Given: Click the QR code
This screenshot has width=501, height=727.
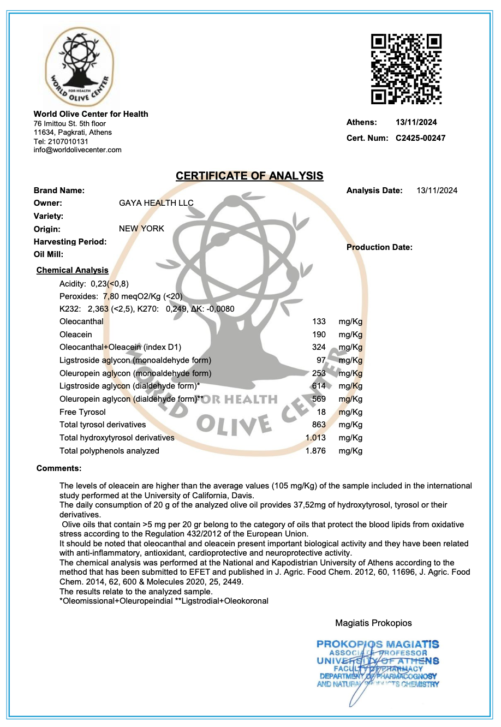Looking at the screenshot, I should pos(406,69).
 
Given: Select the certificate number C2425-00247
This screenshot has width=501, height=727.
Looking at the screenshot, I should pos(420,138).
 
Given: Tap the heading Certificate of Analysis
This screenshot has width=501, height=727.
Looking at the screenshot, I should pos(249,176).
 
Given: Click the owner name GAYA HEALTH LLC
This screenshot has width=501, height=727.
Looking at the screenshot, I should pos(156,203).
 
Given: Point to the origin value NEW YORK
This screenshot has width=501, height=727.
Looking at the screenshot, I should pos(141,229).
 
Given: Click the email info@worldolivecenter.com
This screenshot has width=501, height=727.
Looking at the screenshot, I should pos(77,150).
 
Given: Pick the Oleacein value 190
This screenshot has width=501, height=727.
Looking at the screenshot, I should pos(319,335).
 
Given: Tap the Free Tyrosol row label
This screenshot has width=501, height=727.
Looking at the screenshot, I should pos(82,412).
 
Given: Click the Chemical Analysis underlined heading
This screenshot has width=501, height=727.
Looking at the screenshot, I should pos(72,270).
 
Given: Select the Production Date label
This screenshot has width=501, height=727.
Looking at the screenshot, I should pos(379,247).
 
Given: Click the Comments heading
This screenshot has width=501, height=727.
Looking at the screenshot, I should pos(59,468).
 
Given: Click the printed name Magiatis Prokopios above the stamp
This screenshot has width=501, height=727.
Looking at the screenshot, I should pos(373,623).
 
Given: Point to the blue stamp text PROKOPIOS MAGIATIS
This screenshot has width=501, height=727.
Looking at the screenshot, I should pos(378,645).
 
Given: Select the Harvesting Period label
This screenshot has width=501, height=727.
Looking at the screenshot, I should pos(70,242).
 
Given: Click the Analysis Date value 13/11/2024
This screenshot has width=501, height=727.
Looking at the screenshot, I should pos(437,190).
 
